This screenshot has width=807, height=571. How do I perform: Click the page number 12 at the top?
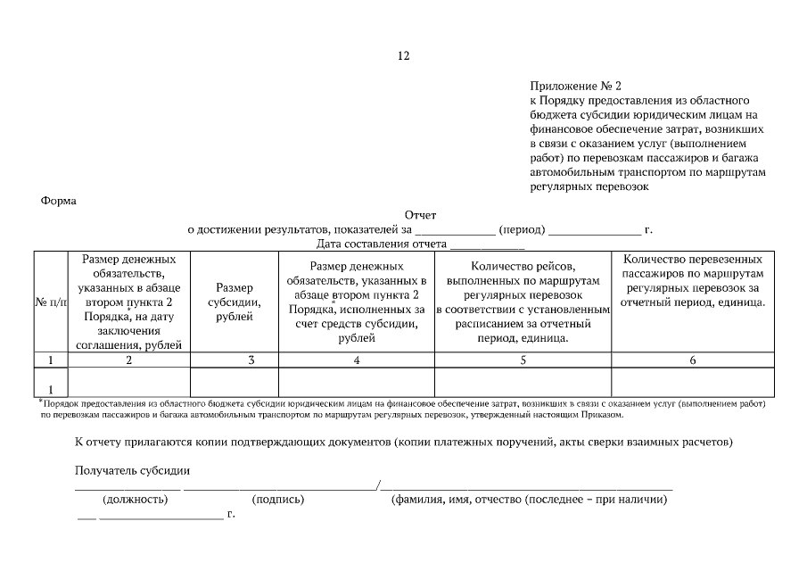point(403,55)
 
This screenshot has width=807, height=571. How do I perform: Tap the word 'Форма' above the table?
point(59,201)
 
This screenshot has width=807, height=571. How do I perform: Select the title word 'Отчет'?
point(421,215)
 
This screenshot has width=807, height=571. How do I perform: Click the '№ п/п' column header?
point(51,303)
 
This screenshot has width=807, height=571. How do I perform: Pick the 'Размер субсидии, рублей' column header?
point(235,303)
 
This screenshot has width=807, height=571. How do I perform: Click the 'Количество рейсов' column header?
point(523,302)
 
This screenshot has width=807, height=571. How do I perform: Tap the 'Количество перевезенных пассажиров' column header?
point(692,280)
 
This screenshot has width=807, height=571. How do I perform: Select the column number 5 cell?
point(523,360)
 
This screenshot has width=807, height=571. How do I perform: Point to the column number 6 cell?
point(692,360)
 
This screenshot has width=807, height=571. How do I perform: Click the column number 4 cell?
point(357,360)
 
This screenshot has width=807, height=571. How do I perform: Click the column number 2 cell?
point(129,360)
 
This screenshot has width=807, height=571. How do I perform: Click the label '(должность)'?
point(135,501)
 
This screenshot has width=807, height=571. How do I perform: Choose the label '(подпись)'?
point(278,501)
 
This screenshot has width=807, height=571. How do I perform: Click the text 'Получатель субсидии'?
point(133,470)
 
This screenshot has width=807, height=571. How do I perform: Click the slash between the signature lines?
point(379,485)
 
